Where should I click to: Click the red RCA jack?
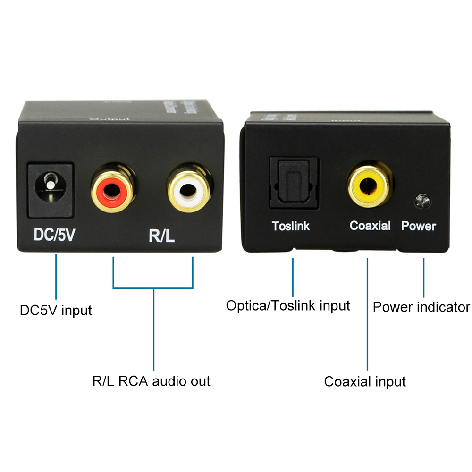click(113, 190)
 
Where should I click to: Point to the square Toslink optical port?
click(293, 183)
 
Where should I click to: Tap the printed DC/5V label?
click(54, 235)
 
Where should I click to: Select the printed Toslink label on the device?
click(291, 226)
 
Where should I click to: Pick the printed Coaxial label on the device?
click(370, 226)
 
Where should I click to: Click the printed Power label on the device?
click(419, 226)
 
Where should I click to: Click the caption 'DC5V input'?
click(56, 311)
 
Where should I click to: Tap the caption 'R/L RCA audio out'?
click(151, 381)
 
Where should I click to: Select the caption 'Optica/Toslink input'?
click(288, 306)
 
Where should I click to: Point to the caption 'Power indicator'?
click(421, 307)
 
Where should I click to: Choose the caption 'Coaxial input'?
click(365, 381)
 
